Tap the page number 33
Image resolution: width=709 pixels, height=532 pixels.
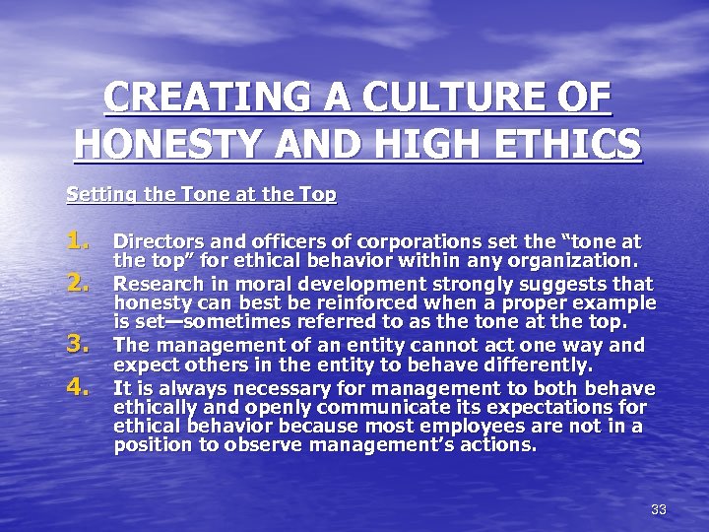pos(659,509)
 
